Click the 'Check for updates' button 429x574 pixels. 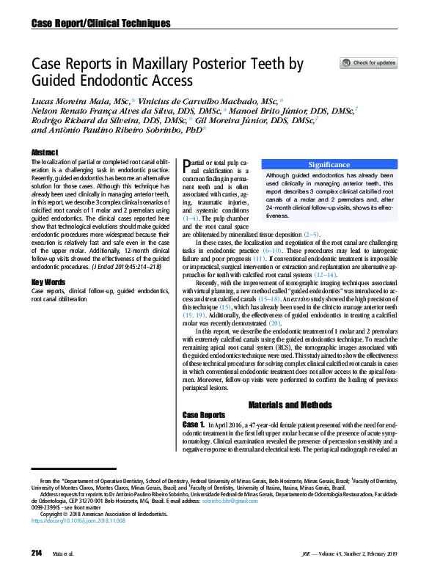pyautogui.click(x=369, y=63)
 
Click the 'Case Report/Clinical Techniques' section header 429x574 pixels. pyautogui.click(x=100, y=23)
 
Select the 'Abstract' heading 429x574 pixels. pyautogui.click(x=45, y=152)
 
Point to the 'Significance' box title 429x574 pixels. pyautogui.click(x=329, y=165)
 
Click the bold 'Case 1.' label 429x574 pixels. pyautogui.click(x=194, y=425)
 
